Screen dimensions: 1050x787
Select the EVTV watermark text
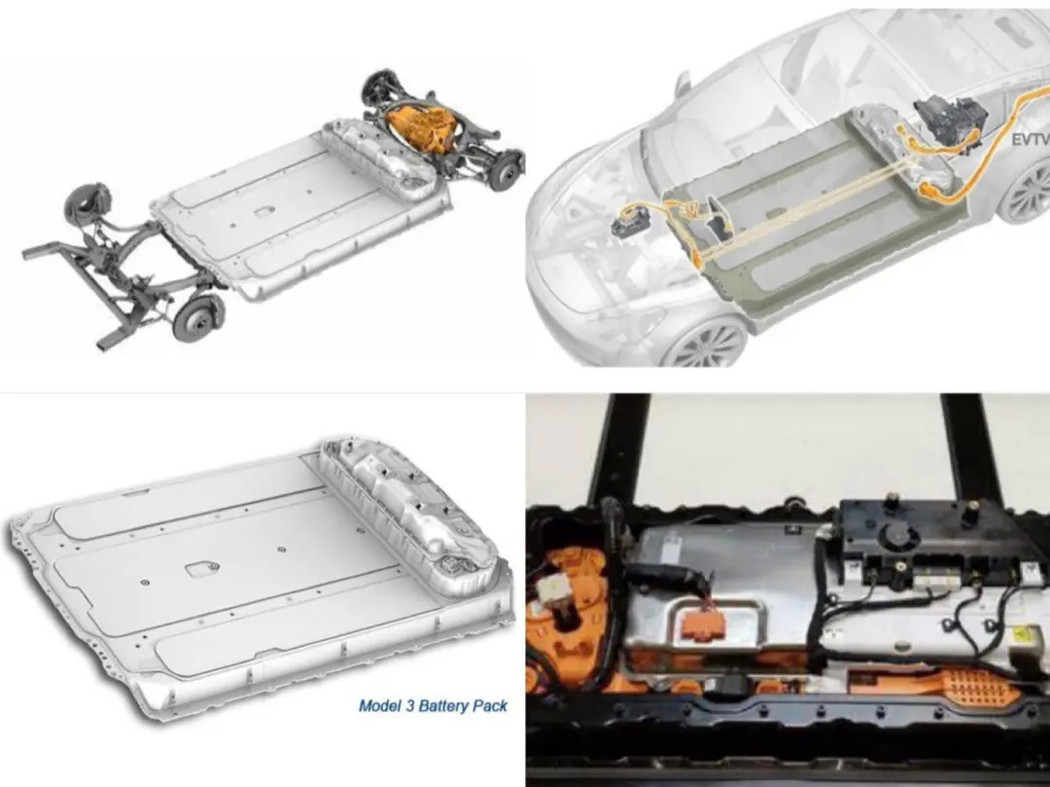point(1030,139)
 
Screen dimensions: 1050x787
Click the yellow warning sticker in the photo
point(1026,637)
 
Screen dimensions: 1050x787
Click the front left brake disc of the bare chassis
point(194,317)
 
